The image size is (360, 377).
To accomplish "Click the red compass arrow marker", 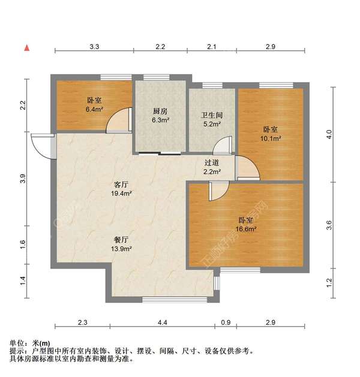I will pyautogui.click(x=26, y=47).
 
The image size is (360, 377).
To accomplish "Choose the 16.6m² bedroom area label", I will pyautogui.click(x=245, y=228).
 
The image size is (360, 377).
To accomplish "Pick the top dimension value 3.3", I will pyautogui.click(x=94, y=46).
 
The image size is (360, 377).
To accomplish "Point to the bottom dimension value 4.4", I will pyautogui.click(x=163, y=323).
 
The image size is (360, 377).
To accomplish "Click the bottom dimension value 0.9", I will pyautogui.click(x=225, y=323).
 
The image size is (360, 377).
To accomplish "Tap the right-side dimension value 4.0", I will pyautogui.click(x=328, y=135).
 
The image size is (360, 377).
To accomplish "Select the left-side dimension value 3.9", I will pyautogui.click(x=23, y=178).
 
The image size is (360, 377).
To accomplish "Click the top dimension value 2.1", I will pyautogui.click(x=212, y=46).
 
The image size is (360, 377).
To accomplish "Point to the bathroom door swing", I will pyautogui.click(x=223, y=146).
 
